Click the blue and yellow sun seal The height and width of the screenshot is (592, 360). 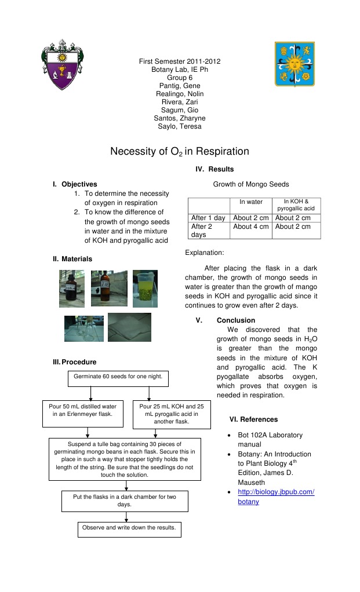tap(294, 63)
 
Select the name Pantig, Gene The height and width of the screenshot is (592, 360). tap(179, 86)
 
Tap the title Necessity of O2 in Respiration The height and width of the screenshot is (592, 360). tap(180, 152)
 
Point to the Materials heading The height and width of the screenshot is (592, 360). tap(77, 259)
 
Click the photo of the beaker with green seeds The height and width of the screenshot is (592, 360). tap(145, 288)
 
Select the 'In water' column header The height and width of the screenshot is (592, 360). tap(250, 202)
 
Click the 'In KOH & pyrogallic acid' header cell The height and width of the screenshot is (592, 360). tap(296, 205)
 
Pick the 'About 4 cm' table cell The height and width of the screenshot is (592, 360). tap(251, 226)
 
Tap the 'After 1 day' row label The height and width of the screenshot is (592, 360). tap(208, 218)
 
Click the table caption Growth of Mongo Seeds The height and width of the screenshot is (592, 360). tap(250, 184)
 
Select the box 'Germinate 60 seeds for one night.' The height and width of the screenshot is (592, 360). tap(118, 378)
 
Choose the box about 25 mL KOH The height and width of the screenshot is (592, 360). tap(172, 414)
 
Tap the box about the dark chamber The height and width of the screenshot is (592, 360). tap(125, 501)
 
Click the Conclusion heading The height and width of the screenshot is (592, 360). tap(236, 320)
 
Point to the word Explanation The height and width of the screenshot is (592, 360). tap(204, 253)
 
